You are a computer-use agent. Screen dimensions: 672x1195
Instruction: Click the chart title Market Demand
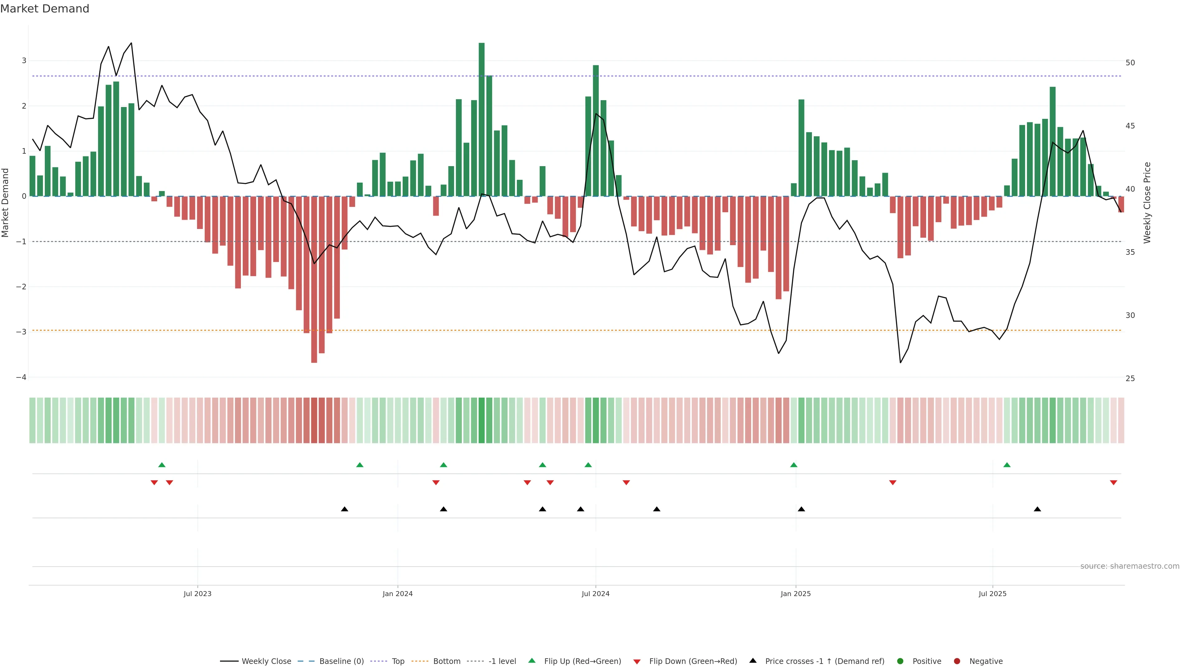coord(45,9)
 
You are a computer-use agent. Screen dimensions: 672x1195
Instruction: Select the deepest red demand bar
coord(314,279)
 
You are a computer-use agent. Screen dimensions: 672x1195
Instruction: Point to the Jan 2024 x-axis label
coord(398,594)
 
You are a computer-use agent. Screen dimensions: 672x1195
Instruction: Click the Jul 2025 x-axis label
coord(992,594)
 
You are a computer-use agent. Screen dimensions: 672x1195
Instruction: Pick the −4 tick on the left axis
coord(21,377)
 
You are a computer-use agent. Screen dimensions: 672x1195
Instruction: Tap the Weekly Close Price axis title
coord(1147,203)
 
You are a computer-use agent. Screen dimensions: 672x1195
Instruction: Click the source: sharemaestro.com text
coord(1130,566)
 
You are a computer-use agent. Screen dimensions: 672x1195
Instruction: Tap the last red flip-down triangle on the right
coord(1113,483)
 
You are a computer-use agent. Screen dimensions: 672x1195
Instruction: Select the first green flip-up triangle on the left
coord(162,465)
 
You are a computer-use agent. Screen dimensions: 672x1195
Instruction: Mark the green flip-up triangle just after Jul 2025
coord(1007,465)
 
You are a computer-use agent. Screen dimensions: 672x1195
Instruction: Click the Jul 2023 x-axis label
coord(197,594)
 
